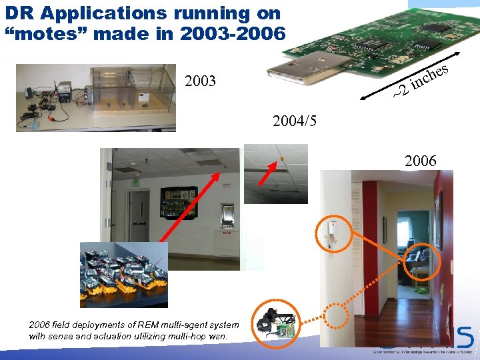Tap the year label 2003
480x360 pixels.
(200, 82)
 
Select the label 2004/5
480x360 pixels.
(295, 121)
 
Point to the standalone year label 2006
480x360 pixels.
(420, 161)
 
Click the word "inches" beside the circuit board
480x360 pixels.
(429, 77)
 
